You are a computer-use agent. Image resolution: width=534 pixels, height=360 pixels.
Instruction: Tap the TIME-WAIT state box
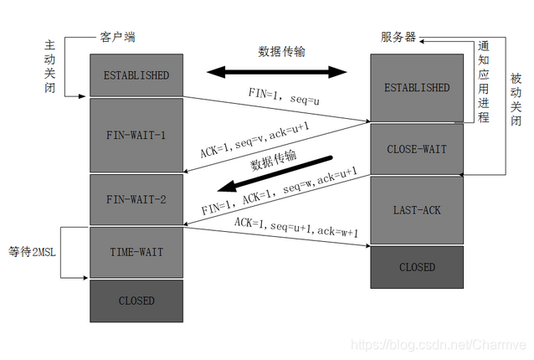click(136, 252)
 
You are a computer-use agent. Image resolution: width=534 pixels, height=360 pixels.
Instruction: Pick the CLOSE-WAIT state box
click(416, 150)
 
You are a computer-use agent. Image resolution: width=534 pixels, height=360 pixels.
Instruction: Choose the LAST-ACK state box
click(416, 211)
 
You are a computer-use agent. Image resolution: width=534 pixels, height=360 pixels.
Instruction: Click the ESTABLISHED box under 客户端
click(136, 75)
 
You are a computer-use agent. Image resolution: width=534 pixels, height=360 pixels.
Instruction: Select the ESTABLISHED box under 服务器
click(416, 87)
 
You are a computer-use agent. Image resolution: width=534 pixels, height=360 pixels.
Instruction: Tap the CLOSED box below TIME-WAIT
click(136, 301)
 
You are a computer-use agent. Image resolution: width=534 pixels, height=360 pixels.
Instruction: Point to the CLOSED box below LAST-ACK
click(416, 267)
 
